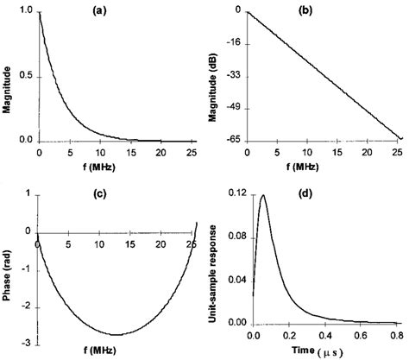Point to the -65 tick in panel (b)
pyautogui.click(x=234, y=140)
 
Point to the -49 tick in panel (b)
pyautogui.click(x=234, y=108)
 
